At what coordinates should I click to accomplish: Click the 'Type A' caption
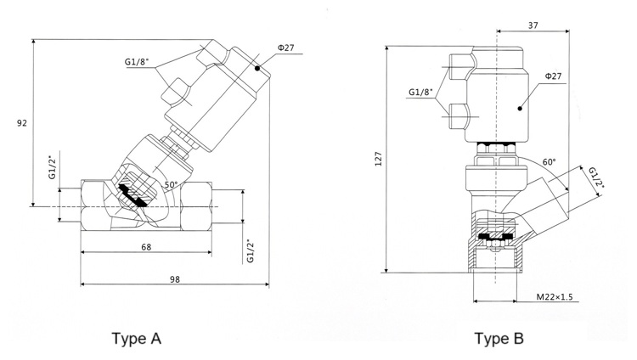pyautogui.click(x=137, y=339)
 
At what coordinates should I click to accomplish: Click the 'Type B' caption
pyautogui.click(x=499, y=339)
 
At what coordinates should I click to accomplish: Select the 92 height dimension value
pyautogui.click(x=22, y=123)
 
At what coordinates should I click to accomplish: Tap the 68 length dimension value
pyautogui.click(x=146, y=246)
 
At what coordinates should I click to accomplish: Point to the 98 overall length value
pyautogui.click(x=175, y=279)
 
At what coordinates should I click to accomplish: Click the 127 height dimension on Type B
pyautogui.click(x=378, y=159)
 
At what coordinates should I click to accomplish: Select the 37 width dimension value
pyautogui.click(x=533, y=25)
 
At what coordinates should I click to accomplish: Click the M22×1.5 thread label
pyautogui.click(x=555, y=297)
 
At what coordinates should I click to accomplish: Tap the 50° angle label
pyautogui.click(x=171, y=185)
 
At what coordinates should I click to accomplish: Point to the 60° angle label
pyautogui.click(x=549, y=162)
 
